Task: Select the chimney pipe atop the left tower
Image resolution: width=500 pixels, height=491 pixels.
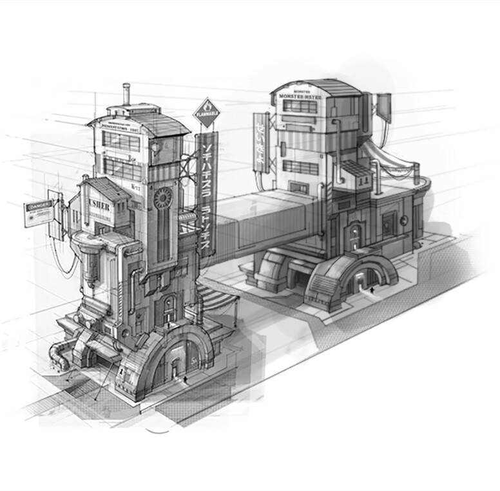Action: tap(126, 93)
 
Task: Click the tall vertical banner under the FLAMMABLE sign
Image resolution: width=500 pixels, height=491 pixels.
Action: tap(207, 193)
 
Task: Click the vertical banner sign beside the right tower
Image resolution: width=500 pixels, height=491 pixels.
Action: tap(262, 143)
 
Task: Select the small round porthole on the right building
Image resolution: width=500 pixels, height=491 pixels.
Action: tap(404, 221)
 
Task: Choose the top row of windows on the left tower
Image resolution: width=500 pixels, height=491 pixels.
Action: tap(122, 141)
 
